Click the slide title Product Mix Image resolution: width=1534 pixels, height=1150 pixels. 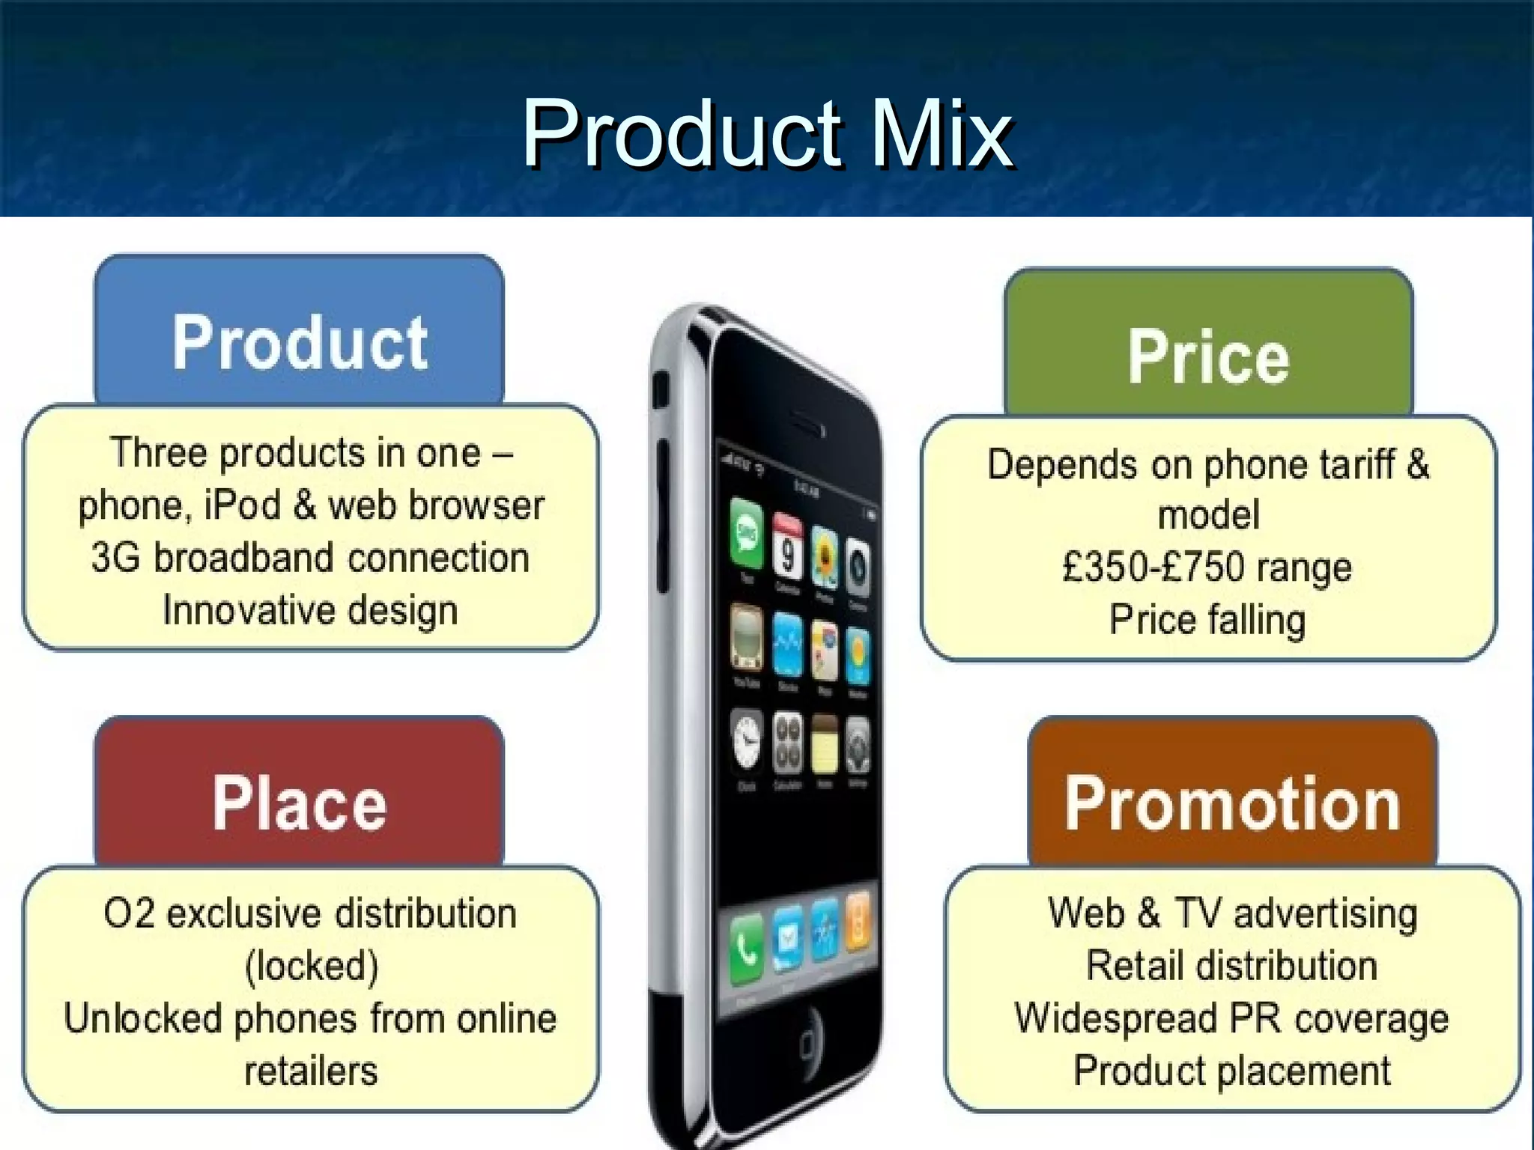[767, 135]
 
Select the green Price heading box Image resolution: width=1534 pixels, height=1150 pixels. [1208, 356]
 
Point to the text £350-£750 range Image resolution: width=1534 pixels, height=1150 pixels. [1207, 567]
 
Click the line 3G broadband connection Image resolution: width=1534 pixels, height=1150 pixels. [310, 558]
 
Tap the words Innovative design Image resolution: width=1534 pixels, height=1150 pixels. [310, 610]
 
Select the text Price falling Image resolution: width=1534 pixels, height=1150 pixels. [1207, 620]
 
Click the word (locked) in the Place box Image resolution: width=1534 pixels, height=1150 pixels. [312, 966]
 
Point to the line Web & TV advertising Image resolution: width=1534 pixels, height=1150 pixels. [1232, 913]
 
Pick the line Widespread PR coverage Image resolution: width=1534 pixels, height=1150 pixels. [1232, 1018]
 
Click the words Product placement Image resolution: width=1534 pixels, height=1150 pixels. [1232, 1071]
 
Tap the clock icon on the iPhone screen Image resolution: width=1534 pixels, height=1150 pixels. [747, 742]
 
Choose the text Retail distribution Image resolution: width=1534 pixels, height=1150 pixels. [1232, 966]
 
